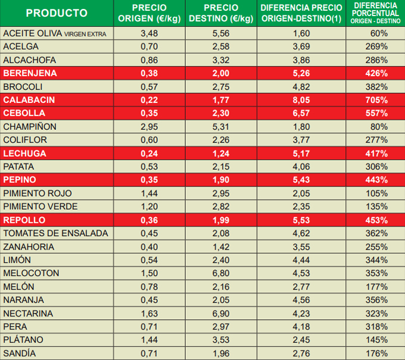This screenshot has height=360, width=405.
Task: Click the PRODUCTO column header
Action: pyautogui.click(x=57, y=13)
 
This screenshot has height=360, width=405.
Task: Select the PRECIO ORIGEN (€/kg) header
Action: pyautogui.click(x=149, y=13)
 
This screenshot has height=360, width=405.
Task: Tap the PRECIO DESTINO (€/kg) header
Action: pyautogui.click(x=221, y=13)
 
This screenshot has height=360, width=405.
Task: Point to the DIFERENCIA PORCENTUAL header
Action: pyautogui.click(x=376, y=13)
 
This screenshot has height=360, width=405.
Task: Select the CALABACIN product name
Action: pyautogui.click(x=30, y=100)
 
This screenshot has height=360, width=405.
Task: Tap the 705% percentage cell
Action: pyautogui.click(x=377, y=100)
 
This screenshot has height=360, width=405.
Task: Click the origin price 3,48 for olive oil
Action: pyautogui.click(x=149, y=33)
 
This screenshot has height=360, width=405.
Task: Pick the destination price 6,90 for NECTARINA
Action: pyautogui.click(x=221, y=314)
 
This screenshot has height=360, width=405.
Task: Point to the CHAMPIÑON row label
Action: pyautogui.click(x=30, y=126)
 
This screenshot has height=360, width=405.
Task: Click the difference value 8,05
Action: pyautogui.click(x=301, y=100)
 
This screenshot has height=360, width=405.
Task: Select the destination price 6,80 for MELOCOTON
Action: pyautogui.click(x=221, y=274)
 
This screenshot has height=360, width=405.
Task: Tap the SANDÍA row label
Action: pyautogui.click(x=20, y=353)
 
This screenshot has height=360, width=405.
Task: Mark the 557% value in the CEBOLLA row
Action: pyautogui.click(x=377, y=113)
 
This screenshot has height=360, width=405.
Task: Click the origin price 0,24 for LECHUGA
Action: pyautogui.click(x=149, y=153)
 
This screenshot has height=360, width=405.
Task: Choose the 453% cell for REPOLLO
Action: pyautogui.click(x=377, y=220)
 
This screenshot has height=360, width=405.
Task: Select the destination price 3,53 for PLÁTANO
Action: pyautogui.click(x=221, y=340)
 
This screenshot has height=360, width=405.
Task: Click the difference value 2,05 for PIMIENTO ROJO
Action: pyautogui.click(x=301, y=193)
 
